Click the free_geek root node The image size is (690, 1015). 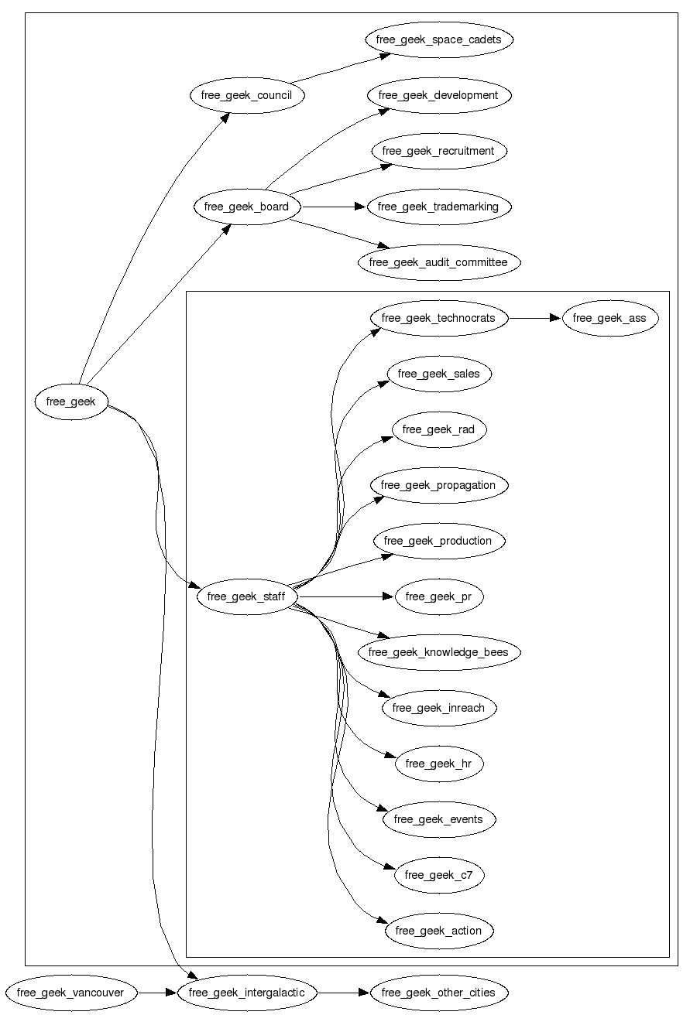click(70, 402)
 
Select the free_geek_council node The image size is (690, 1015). click(247, 95)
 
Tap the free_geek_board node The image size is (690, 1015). click(246, 207)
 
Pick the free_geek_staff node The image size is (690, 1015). click(246, 596)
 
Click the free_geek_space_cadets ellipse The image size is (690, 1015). click(438, 39)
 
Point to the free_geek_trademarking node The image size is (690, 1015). click(438, 207)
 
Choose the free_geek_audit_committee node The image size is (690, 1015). click(438, 262)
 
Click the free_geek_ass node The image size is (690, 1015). click(609, 318)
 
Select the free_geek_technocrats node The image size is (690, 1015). click(438, 318)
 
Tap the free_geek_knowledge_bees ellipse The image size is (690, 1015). click(438, 652)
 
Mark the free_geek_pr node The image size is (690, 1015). click(438, 596)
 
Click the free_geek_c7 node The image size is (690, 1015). click(438, 875)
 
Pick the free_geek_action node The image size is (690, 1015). click(438, 931)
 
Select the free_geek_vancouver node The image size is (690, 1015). click(70, 993)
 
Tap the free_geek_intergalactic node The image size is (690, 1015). click(246, 993)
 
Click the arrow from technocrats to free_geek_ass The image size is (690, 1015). click(534, 318)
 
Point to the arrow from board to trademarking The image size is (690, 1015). click(333, 207)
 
